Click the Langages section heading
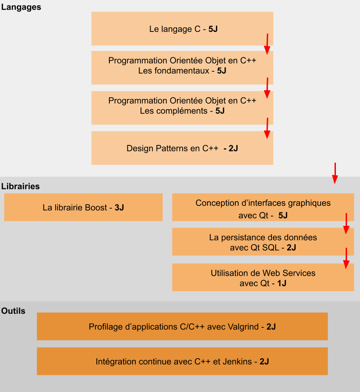point(21,7)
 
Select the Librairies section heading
point(20,186)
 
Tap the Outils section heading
point(13,311)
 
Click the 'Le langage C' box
point(182,29)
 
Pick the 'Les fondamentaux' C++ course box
point(182,68)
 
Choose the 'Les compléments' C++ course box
point(182,108)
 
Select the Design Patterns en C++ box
point(182,148)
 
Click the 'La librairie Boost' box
point(83,207)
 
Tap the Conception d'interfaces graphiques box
point(263,207)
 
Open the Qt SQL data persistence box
point(263,242)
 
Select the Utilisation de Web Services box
point(263,277)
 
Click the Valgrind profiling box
point(182,326)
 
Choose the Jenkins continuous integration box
point(182,361)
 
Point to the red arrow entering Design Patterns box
point(267,128)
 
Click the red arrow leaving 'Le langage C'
point(267,44)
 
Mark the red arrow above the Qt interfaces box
point(335,173)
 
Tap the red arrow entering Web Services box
point(346,258)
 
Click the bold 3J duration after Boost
point(120,207)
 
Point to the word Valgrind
point(243,327)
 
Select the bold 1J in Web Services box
point(282,283)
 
